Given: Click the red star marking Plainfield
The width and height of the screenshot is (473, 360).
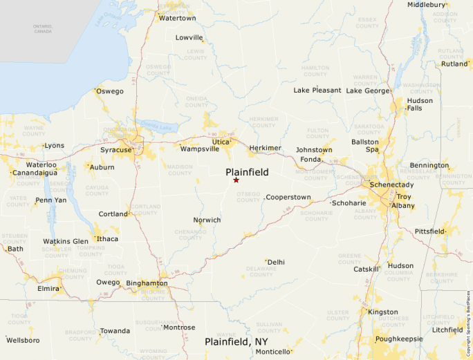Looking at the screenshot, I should (x=236, y=180).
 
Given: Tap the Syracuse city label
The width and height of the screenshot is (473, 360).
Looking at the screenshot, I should (x=115, y=150).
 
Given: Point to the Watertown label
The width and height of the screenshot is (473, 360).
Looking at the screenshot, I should (x=178, y=18).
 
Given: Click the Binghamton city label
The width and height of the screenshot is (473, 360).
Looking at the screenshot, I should (x=147, y=283).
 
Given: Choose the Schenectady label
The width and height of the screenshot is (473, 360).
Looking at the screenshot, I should (x=391, y=185).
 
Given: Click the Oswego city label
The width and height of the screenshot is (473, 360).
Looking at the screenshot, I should (x=110, y=91).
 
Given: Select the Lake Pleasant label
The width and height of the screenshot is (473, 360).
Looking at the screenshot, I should (x=317, y=91).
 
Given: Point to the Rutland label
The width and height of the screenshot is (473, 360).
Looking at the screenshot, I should (x=455, y=64).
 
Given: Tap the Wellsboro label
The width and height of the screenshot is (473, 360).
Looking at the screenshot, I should (x=24, y=340).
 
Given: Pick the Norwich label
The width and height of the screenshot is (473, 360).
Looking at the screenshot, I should (x=207, y=220).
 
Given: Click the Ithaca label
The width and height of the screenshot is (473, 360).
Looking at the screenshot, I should (x=107, y=239).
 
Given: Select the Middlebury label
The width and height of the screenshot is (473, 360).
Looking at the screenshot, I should (x=427, y=5).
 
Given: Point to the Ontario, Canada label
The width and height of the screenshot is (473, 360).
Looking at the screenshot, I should (x=42, y=28).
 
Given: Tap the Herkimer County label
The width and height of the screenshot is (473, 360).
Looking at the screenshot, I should (x=263, y=122).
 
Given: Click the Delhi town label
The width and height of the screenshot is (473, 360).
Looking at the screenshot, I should (x=276, y=263).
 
